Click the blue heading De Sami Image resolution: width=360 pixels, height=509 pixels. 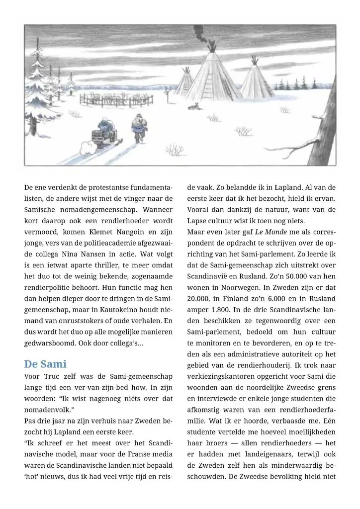(x=45, y=364)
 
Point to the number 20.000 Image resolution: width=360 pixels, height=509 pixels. (x=200, y=298)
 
